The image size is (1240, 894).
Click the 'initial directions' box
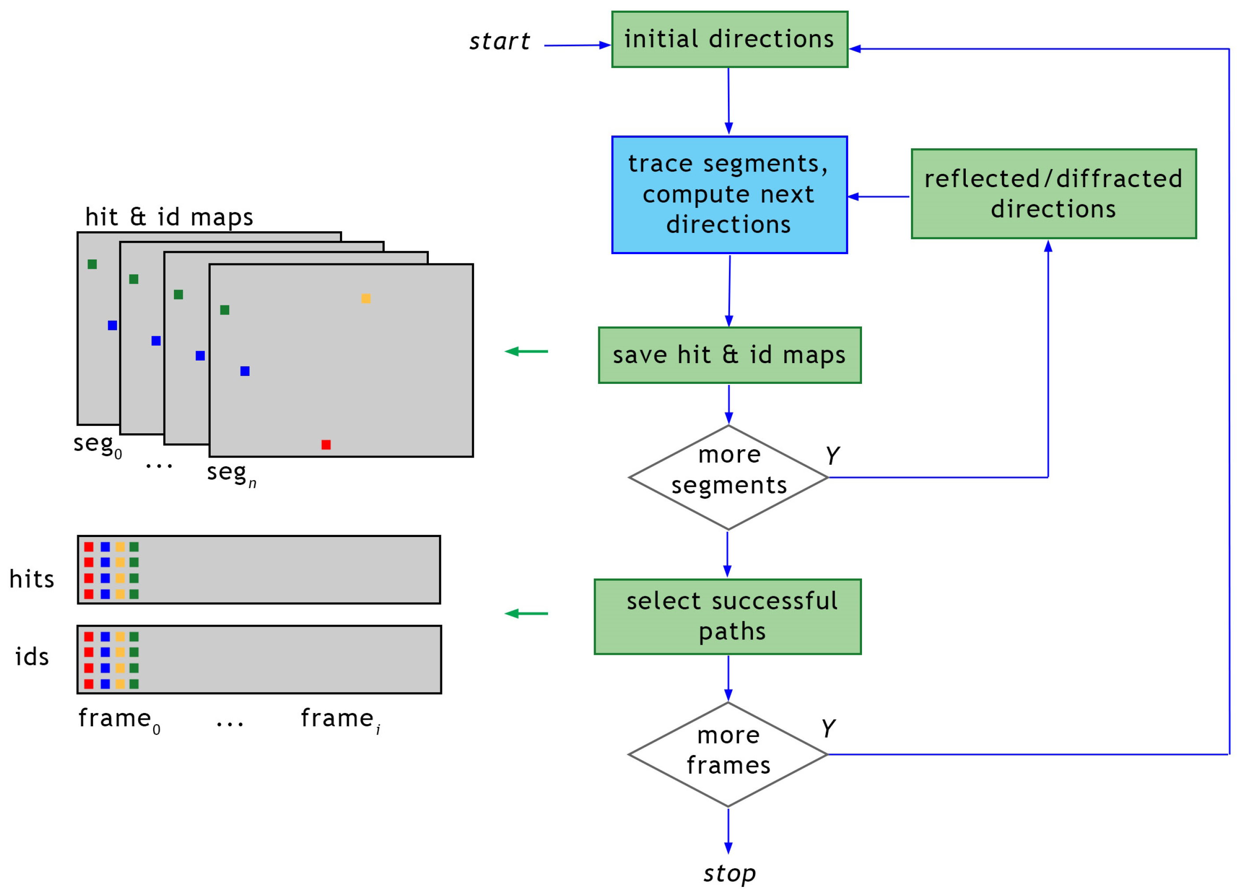coord(730,39)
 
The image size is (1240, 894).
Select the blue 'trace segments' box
coord(730,195)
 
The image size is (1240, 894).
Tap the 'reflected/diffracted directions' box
coord(1054,194)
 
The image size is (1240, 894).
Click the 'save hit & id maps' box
coord(730,355)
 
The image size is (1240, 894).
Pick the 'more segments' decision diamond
coord(728,477)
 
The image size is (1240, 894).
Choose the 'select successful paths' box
coord(728,616)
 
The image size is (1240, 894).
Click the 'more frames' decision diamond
coord(728,754)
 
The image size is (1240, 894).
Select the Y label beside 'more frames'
coord(828,728)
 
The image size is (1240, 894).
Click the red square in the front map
coord(326,444)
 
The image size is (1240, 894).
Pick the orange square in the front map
coord(366,298)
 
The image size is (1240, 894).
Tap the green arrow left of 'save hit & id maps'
coord(526,351)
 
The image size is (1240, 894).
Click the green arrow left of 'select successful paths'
coord(526,614)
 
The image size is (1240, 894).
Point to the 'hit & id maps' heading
coord(169,217)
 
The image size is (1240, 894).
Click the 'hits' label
coord(32,579)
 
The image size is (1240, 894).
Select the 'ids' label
coord(32,657)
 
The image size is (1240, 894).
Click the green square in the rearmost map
coord(92,264)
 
